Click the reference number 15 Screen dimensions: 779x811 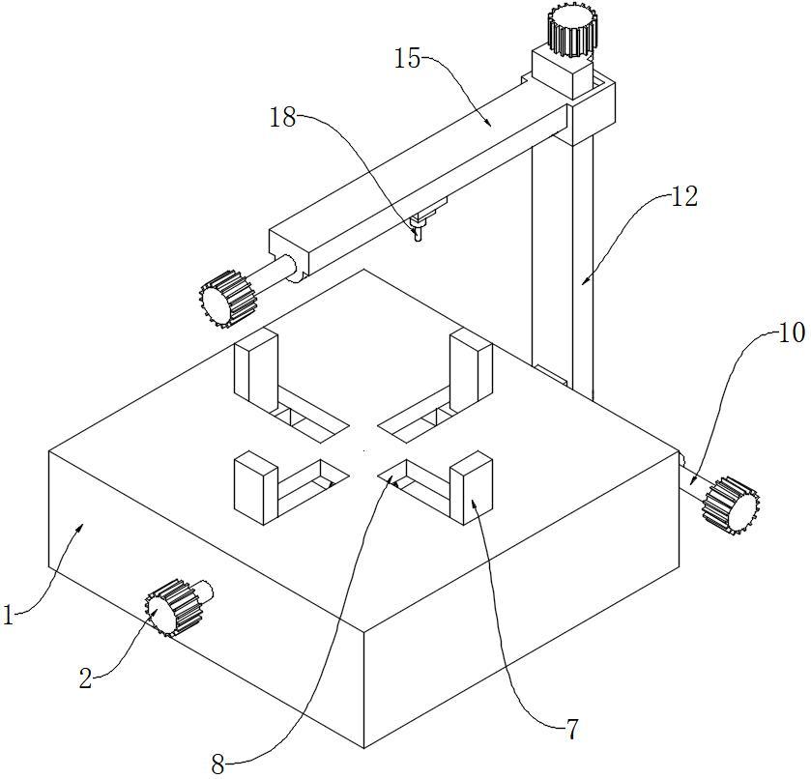click(x=408, y=59)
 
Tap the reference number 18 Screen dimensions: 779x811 click(x=283, y=118)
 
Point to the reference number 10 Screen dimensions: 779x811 click(x=790, y=333)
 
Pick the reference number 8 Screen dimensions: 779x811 click(x=217, y=765)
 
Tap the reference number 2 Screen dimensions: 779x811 click(x=85, y=678)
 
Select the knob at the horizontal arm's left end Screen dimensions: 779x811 click(x=227, y=298)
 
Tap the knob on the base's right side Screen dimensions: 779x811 click(x=731, y=504)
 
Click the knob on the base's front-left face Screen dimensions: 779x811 click(x=171, y=606)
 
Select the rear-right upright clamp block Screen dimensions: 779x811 click(x=472, y=367)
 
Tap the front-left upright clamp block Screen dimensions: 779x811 click(x=254, y=488)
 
